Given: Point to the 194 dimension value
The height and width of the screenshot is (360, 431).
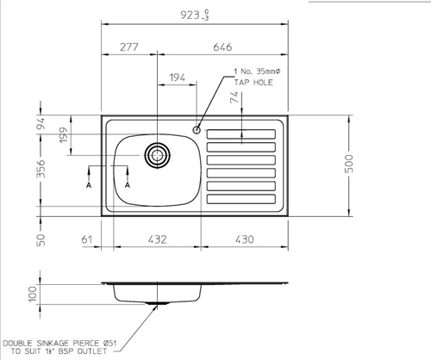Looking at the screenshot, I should (x=178, y=78).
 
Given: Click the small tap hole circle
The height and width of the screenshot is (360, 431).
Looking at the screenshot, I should (x=197, y=131).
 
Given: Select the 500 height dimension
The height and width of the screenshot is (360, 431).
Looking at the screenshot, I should (x=349, y=164).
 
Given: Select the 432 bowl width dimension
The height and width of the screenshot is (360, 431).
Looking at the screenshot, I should (x=155, y=238).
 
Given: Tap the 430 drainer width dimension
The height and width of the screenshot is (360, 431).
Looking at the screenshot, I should (x=246, y=238).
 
